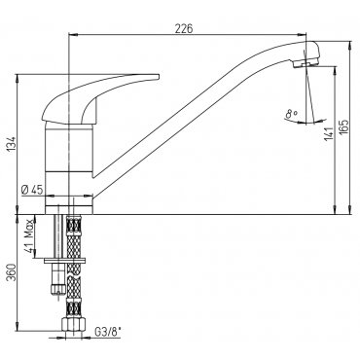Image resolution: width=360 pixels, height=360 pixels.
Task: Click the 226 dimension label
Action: (x=184, y=28)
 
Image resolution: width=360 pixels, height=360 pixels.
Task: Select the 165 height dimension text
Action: (x=344, y=127)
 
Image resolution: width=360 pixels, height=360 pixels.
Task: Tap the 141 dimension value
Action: (x=329, y=134)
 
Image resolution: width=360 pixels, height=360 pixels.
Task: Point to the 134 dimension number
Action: (x=12, y=144)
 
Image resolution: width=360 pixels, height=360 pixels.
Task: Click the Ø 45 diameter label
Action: (x=32, y=190)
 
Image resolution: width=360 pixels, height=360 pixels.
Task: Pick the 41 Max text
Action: (x=29, y=235)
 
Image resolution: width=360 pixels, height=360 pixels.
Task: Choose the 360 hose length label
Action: (x=12, y=272)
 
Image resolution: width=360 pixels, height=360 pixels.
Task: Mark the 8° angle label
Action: (x=291, y=114)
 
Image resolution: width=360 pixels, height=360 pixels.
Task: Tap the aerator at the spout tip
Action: (x=306, y=62)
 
